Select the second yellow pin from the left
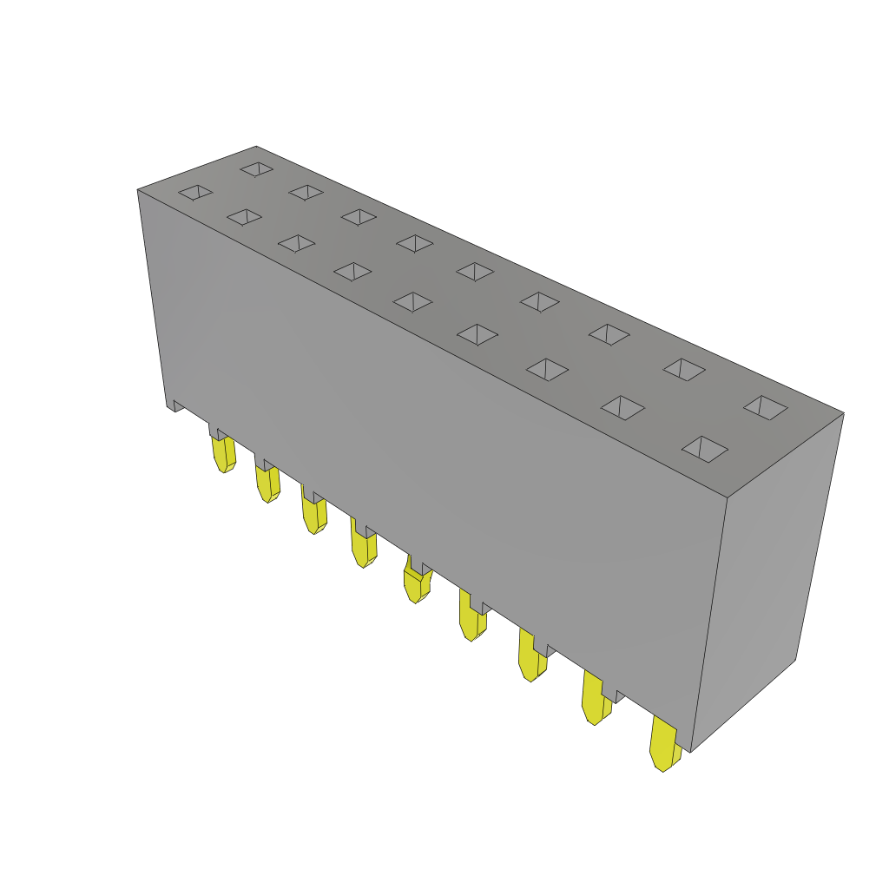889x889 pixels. pos(267,484)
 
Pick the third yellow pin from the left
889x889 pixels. pos(313,515)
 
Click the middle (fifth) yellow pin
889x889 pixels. pos(417,583)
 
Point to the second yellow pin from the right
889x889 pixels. pos(595,701)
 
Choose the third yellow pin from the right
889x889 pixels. pos(530,659)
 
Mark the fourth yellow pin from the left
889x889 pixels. pos(363,548)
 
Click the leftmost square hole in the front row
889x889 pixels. pos(195,192)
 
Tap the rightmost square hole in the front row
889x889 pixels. pos(705,449)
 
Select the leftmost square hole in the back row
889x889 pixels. pos(257,168)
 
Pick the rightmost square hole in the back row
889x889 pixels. pos(766,407)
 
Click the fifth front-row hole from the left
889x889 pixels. pos(413,301)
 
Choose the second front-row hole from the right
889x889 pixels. pos(622,407)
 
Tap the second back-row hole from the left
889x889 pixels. pos(306,192)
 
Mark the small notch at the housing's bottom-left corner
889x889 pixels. pos(176,405)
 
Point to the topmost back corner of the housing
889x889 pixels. pos(256,148)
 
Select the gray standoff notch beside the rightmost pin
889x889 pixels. pos(620,695)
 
